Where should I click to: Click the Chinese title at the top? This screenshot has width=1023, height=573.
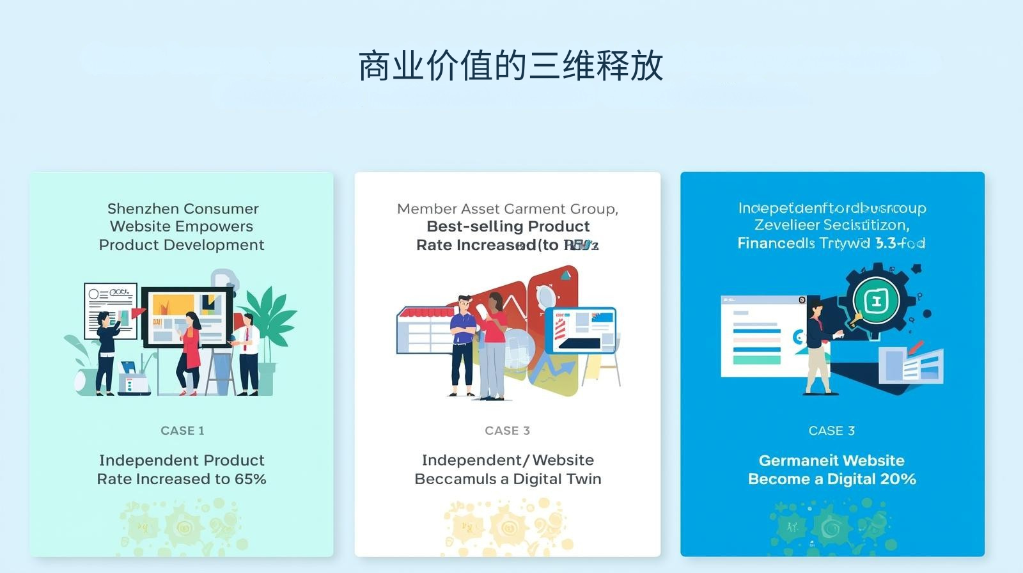[x=510, y=65]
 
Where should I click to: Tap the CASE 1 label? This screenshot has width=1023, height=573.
[x=182, y=430]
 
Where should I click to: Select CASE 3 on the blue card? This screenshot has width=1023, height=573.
[x=831, y=430]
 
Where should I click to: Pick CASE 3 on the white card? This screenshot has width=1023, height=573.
[x=507, y=430]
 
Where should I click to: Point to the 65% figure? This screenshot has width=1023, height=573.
[x=249, y=479]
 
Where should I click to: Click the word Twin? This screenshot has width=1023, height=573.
[x=582, y=479]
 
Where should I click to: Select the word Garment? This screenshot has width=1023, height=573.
[x=534, y=208]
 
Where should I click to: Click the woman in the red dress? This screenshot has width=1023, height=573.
[x=190, y=352]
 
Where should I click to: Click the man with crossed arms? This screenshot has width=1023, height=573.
[x=462, y=345]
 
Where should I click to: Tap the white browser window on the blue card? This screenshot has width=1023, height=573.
[x=761, y=336]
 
